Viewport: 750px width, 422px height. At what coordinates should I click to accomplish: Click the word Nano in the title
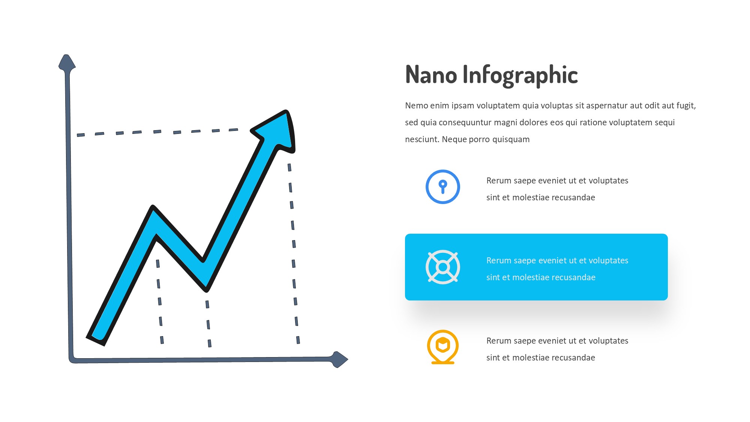[431, 75]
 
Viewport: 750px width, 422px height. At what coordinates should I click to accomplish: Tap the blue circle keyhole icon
[443, 187]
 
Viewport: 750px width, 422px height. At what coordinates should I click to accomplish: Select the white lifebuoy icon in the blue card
[443, 267]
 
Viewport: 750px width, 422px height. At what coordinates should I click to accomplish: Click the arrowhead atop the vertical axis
[67, 62]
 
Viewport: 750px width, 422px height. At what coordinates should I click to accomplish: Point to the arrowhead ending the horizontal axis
[340, 359]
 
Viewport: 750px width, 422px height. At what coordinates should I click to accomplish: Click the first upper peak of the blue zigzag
[153, 207]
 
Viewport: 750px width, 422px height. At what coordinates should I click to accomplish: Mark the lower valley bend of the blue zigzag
[205, 289]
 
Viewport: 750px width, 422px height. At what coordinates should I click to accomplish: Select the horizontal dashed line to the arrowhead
[157, 132]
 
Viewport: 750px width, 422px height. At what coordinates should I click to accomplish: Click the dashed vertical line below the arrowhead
[294, 254]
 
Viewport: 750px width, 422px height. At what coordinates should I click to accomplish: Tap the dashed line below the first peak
[160, 302]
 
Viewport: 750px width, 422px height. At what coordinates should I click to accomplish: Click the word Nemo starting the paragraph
[417, 106]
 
